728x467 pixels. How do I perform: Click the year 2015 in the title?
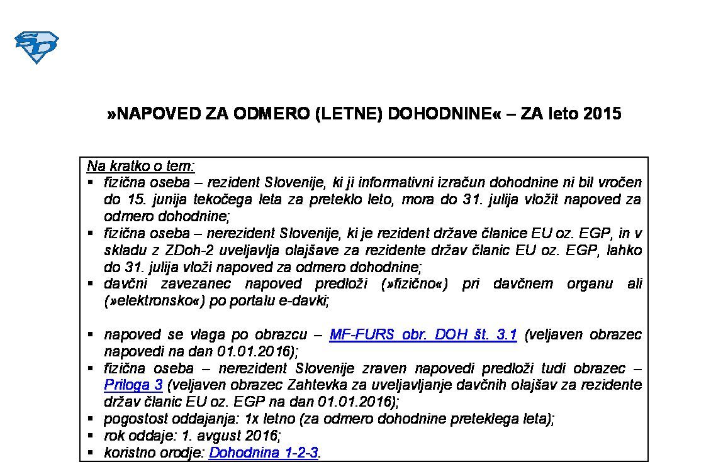coord(602,114)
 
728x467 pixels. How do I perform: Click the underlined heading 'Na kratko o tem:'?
coord(141,167)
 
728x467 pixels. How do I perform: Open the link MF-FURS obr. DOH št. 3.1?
coord(423,335)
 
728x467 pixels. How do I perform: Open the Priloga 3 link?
coord(133,384)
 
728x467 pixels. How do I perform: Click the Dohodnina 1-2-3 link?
coord(264,453)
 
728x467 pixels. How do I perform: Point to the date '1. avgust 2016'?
coord(240,436)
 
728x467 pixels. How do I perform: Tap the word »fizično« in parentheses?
coord(414,284)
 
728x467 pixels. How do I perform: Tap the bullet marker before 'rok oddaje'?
coord(91,435)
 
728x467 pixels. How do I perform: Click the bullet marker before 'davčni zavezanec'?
coord(91,283)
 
